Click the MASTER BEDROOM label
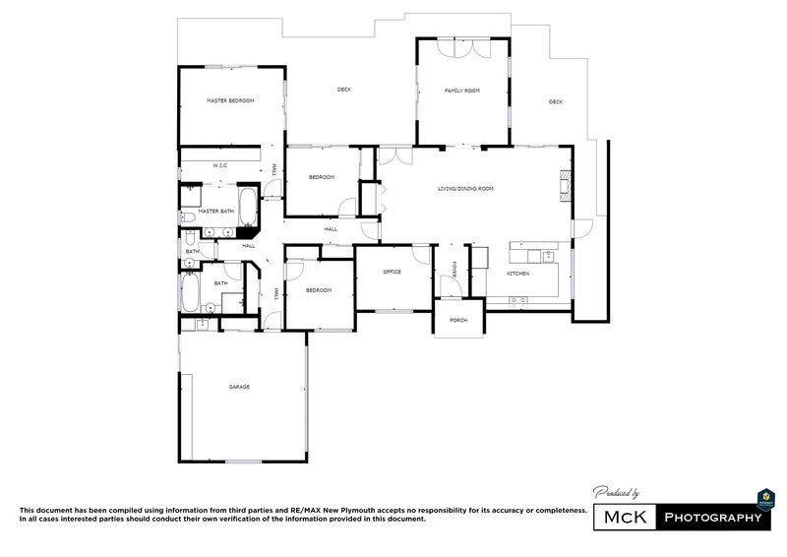pyautogui.click(x=230, y=101)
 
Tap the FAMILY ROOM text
pyautogui.click(x=461, y=91)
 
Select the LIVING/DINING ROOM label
pyautogui.click(x=465, y=188)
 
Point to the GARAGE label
pyautogui.click(x=239, y=387)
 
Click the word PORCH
pyautogui.click(x=458, y=321)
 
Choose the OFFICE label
pyautogui.click(x=392, y=272)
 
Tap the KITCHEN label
pyautogui.click(x=517, y=273)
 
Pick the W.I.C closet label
pyautogui.click(x=220, y=166)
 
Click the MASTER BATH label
pyautogui.click(x=216, y=211)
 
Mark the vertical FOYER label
pyautogui.click(x=454, y=270)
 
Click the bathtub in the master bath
pyautogui.click(x=247, y=209)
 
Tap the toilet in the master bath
pyautogui.click(x=187, y=217)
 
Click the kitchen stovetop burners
pyautogui.click(x=519, y=299)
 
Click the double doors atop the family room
pyautogui.click(x=461, y=46)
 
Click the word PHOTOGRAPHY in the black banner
pyautogui.click(x=713, y=518)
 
